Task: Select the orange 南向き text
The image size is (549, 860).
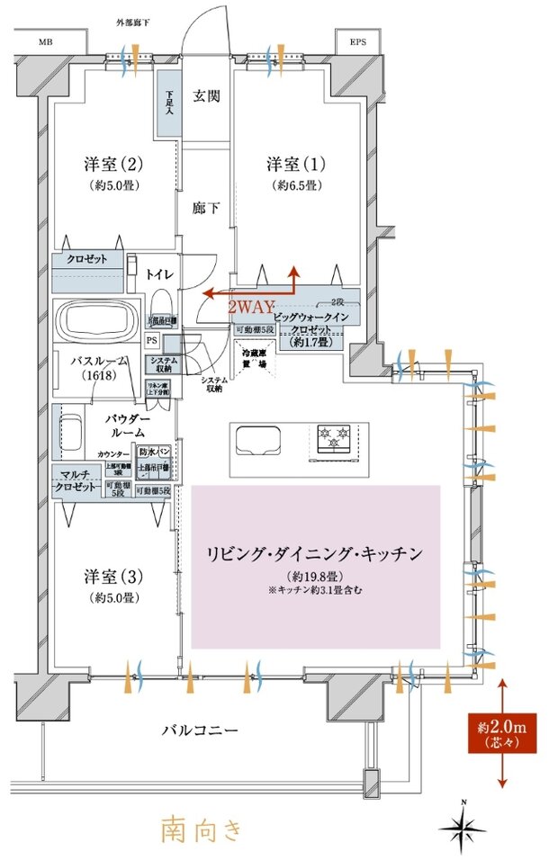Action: [x=202, y=828]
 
